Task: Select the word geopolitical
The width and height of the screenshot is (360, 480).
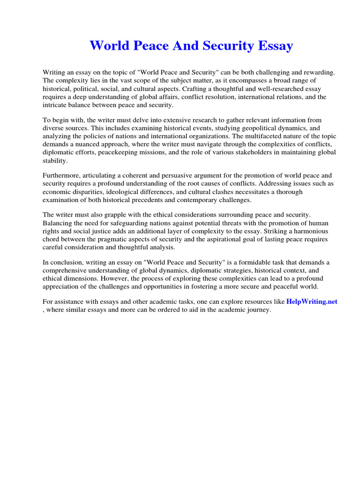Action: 259,128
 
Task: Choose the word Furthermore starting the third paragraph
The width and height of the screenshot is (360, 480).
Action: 62,176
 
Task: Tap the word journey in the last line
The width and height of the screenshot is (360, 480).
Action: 258,310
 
